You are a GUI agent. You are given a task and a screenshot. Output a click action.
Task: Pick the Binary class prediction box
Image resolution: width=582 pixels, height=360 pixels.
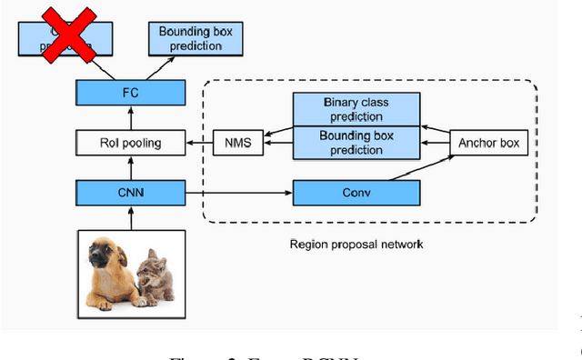pyautogui.click(x=356, y=110)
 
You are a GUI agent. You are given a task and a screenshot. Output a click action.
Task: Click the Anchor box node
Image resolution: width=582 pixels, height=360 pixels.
pyautogui.click(x=488, y=142)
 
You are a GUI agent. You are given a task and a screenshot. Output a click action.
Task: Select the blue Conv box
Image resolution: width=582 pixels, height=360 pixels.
pyautogui.click(x=356, y=192)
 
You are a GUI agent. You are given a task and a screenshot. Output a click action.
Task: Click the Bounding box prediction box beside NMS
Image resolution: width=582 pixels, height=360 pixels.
pyautogui.click(x=356, y=143)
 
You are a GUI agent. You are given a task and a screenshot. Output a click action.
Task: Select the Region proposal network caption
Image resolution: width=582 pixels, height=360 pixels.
pyautogui.click(x=355, y=244)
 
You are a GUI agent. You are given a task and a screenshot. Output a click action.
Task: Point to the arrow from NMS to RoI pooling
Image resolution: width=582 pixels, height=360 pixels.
pyautogui.click(x=199, y=141)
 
